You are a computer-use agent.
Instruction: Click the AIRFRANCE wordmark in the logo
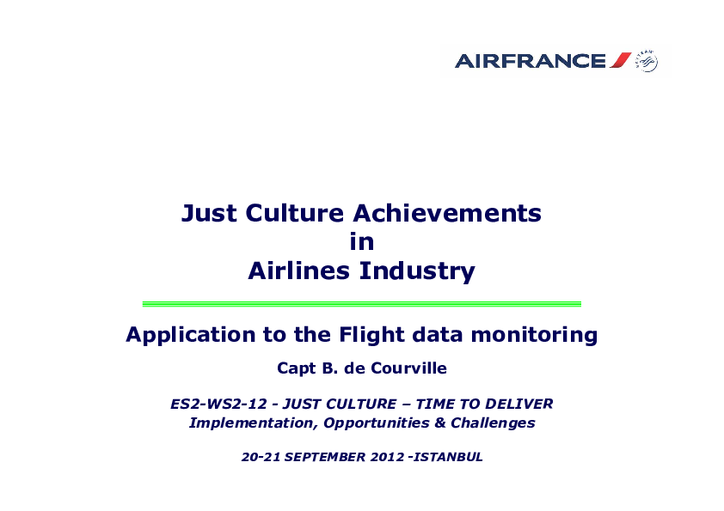pyautogui.click(x=530, y=61)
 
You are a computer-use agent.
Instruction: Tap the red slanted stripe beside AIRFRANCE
pyautogui.click(x=621, y=60)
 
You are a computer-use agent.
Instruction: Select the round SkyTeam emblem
pyautogui.click(x=647, y=61)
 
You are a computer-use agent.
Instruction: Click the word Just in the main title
pyautogui.click(x=209, y=214)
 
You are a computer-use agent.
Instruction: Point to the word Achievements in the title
pyautogui.click(x=447, y=214)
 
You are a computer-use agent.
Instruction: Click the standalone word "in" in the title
pyautogui.click(x=361, y=241)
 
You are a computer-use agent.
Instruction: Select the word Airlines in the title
pyautogui.click(x=298, y=271)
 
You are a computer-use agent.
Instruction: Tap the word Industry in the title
pyautogui.click(x=417, y=271)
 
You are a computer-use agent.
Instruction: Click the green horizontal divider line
pyautogui.click(x=361, y=304)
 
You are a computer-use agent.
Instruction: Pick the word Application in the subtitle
pyautogui.click(x=190, y=335)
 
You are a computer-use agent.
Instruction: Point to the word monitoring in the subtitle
pyautogui.click(x=534, y=335)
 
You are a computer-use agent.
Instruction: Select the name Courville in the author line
pyautogui.click(x=408, y=368)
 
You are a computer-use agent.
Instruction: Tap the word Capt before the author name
pyautogui.click(x=297, y=369)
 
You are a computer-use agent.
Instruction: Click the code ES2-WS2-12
pyautogui.click(x=219, y=404)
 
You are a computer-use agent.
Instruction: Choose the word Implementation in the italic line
pyautogui.click(x=254, y=423)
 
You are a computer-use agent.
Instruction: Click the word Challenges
pyautogui.click(x=493, y=423)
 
